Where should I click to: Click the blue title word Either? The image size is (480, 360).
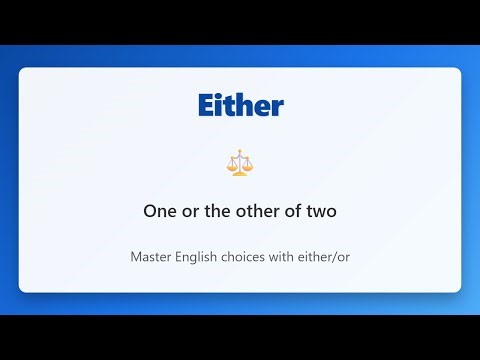click(240, 105)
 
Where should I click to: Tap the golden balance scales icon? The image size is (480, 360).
click(240, 164)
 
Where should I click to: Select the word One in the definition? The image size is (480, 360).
click(159, 212)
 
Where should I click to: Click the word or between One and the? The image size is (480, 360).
click(187, 212)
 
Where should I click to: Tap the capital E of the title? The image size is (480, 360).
click(206, 105)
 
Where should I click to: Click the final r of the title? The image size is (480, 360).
click(277, 106)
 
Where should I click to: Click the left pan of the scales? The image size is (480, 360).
click(232, 167)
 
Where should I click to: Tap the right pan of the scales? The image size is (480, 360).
click(248, 167)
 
